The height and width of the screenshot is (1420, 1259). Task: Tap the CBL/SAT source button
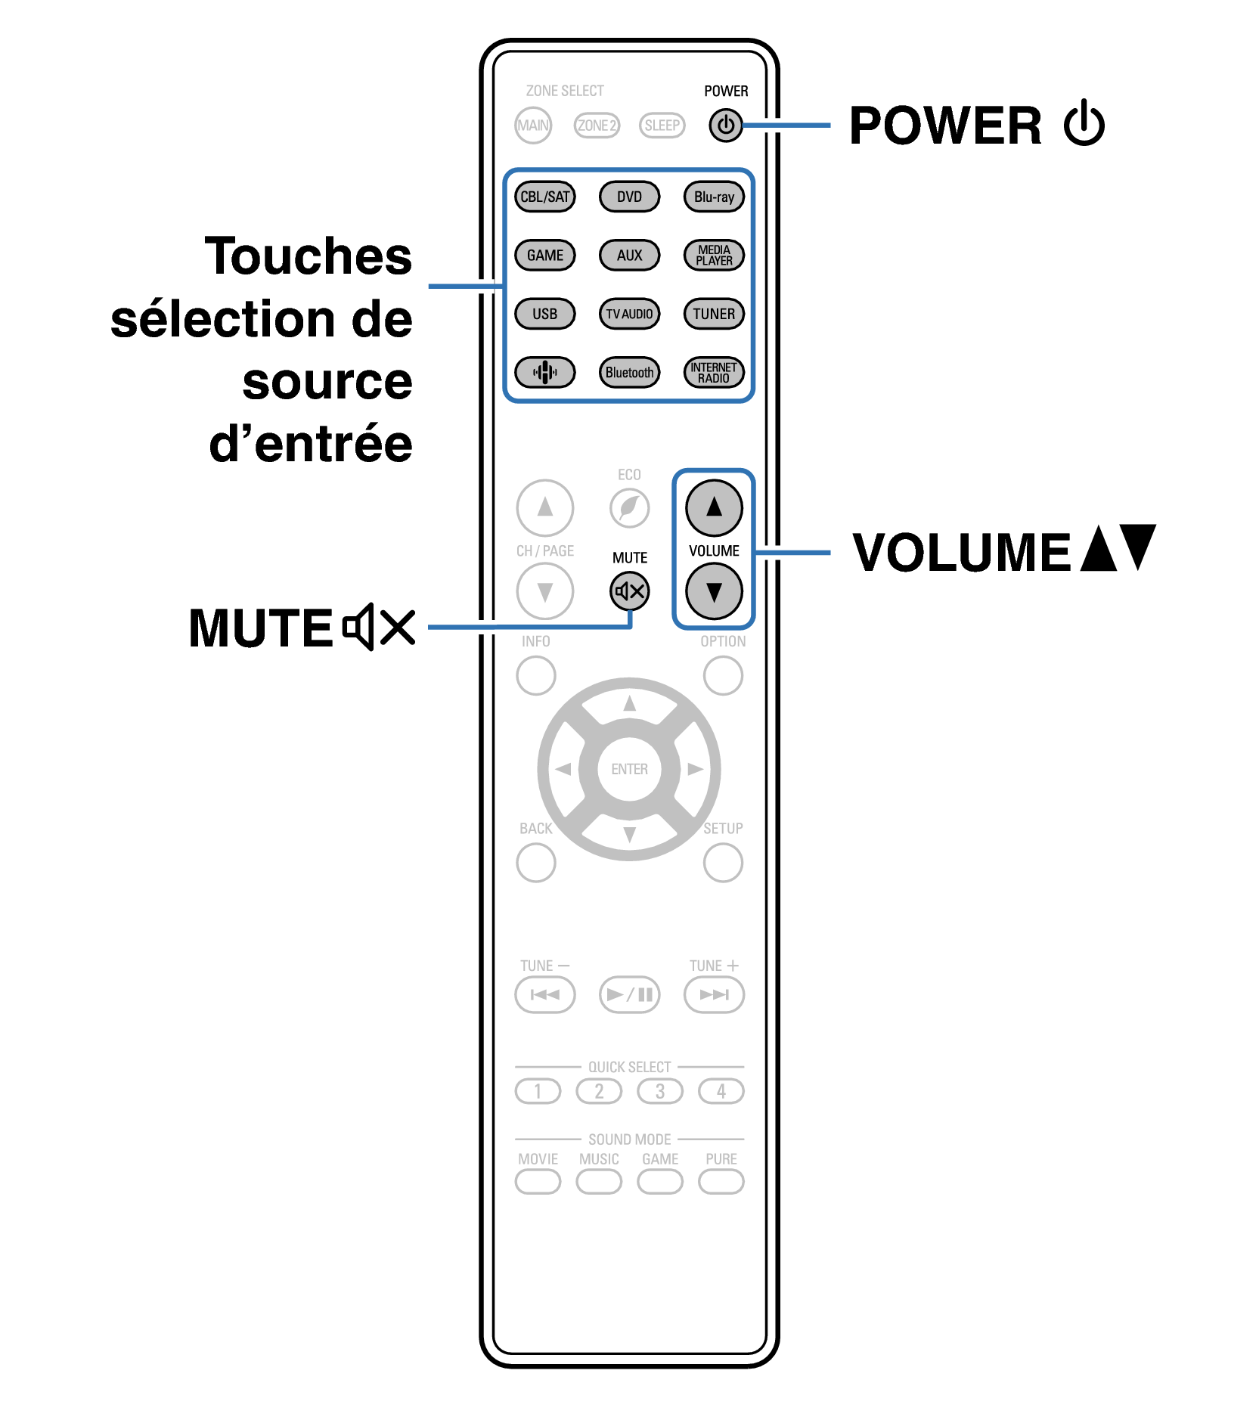pyautogui.click(x=544, y=197)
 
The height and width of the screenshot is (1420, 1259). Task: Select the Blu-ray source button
pyautogui.click(x=714, y=197)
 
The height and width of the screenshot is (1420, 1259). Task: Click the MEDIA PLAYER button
pyautogui.click(x=714, y=255)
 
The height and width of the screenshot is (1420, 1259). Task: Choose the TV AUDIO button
pyautogui.click(x=629, y=314)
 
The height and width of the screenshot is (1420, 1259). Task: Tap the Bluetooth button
pyautogui.click(x=629, y=372)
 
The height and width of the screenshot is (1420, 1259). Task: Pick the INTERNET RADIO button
pyautogui.click(x=714, y=372)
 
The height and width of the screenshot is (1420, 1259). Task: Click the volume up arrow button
pyautogui.click(x=714, y=507)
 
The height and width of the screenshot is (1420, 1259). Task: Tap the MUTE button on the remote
pyautogui.click(x=630, y=591)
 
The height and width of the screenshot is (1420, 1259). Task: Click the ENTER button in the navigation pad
pyautogui.click(x=629, y=769)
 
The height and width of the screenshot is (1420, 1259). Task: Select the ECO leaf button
pyautogui.click(x=629, y=507)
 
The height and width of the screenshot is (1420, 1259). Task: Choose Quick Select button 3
pyautogui.click(x=660, y=1091)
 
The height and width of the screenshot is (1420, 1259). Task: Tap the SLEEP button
pyautogui.click(x=662, y=126)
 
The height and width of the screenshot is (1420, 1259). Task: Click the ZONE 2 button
pyautogui.click(x=597, y=126)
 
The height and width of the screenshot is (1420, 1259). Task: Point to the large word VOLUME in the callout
pyautogui.click(x=961, y=552)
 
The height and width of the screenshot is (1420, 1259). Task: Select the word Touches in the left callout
pyautogui.click(x=309, y=256)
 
